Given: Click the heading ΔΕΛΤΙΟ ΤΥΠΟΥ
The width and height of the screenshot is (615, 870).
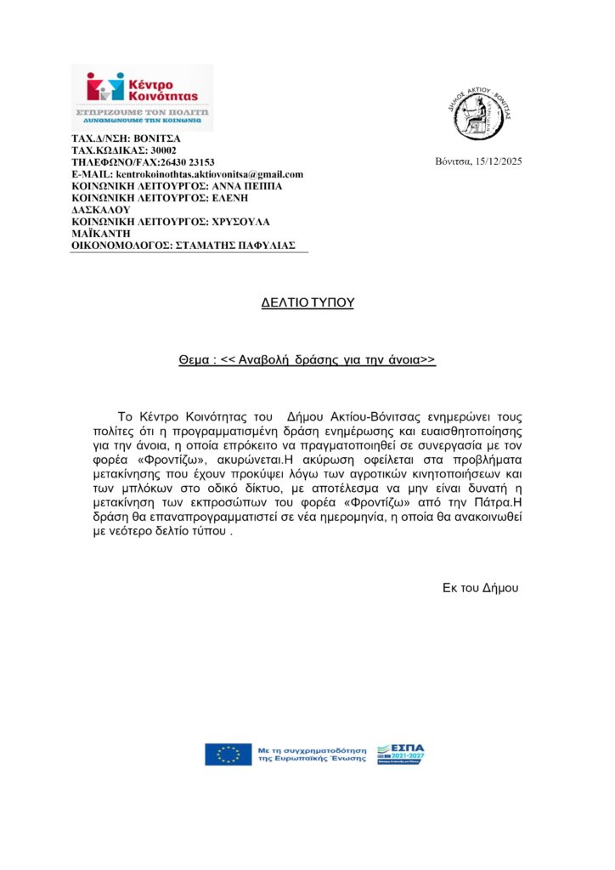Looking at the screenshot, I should click(307, 302).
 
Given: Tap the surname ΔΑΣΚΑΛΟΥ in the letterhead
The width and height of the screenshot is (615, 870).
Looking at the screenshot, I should click(99, 209).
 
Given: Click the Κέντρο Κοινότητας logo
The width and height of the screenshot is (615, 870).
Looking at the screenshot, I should click(141, 97).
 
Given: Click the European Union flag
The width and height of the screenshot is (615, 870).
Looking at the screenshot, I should click(228, 754).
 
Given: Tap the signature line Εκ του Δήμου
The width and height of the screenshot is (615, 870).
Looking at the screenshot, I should click(480, 587).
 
